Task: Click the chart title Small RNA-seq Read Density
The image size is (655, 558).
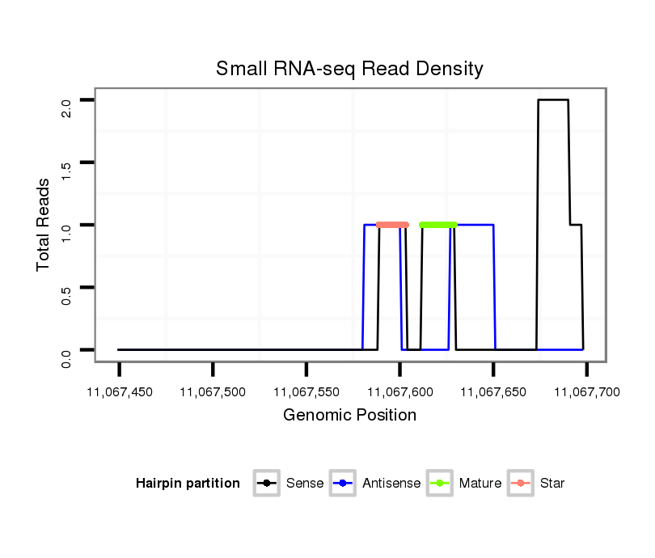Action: click(349, 69)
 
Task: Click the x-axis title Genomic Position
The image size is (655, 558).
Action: click(349, 416)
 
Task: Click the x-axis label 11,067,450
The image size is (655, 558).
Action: click(120, 392)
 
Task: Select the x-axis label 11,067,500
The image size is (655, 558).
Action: click(213, 392)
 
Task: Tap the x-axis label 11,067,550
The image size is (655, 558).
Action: click(306, 392)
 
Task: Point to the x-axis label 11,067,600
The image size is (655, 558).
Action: click(399, 392)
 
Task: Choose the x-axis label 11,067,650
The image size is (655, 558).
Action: click(493, 392)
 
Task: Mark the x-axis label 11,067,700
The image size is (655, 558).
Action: click(586, 392)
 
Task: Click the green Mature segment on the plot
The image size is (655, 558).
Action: click(438, 225)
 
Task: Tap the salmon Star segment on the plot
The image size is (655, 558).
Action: click(393, 225)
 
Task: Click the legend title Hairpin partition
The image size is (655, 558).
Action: click(188, 484)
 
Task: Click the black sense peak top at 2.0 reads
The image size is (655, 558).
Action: click(553, 100)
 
